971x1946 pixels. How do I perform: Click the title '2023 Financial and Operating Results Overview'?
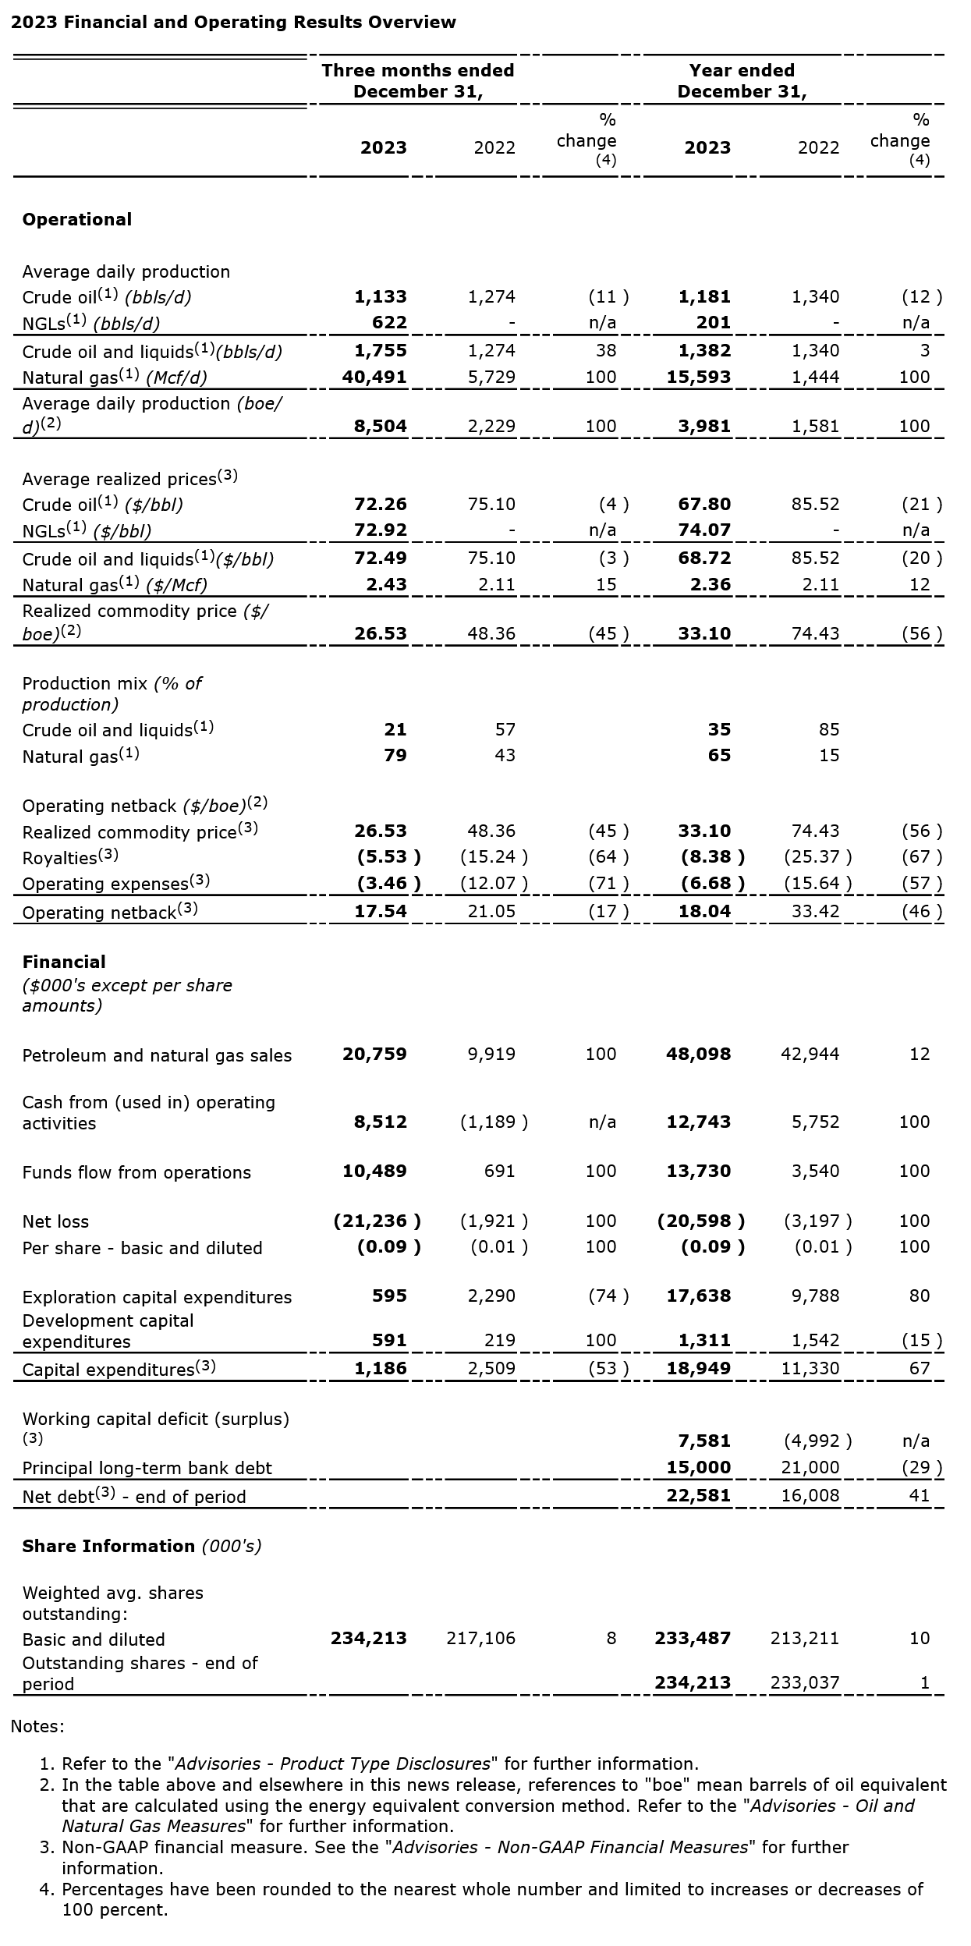tap(233, 23)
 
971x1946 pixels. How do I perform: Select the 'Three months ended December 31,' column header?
tap(418, 81)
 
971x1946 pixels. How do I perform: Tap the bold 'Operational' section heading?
tap(76, 220)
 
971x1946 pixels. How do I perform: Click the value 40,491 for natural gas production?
tap(374, 378)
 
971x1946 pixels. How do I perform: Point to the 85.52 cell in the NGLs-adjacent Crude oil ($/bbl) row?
tap(815, 505)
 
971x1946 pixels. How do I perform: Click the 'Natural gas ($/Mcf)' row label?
tap(115, 585)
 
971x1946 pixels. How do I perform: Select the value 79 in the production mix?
tap(395, 755)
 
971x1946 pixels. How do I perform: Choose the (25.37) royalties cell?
tap(817, 857)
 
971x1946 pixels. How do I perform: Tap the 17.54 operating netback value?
tap(381, 911)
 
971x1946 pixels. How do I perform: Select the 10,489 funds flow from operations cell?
tap(374, 1171)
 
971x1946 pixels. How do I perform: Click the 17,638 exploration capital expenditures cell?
tap(699, 1296)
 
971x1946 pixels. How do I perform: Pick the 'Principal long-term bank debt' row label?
tap(147, 1468)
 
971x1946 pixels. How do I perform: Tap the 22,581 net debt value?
tap(699, 1495)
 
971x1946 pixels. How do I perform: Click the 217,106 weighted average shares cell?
tap(480, 1638)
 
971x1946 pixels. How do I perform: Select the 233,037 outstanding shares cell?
tap(805, 1682)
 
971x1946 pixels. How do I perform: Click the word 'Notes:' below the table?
tap(37, 1727)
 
